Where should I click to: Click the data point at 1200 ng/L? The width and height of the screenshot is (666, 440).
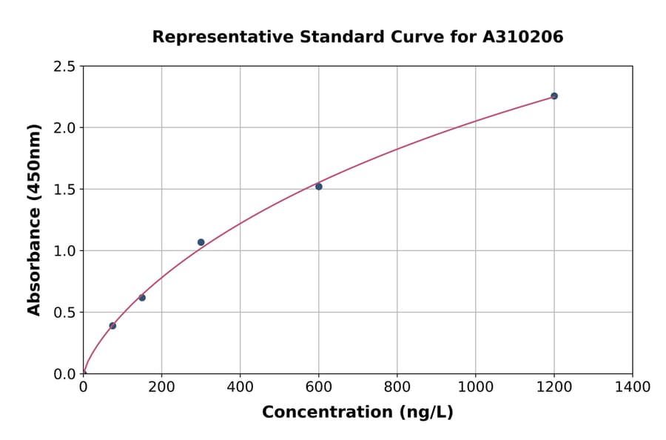[554, 96]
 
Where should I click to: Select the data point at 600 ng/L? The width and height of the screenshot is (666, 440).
[318, 187]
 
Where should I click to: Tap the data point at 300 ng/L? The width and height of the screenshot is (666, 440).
[201, 242]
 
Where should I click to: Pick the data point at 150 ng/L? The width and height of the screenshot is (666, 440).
[142, 298]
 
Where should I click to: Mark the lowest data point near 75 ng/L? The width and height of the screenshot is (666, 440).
[112, 326]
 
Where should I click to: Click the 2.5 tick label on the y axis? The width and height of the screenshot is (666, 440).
[65, 67]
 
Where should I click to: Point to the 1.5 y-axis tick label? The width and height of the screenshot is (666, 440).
[65, 190]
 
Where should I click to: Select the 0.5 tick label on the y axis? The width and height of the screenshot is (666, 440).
[65, 313]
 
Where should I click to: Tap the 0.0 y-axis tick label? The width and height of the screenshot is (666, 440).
[65, 374]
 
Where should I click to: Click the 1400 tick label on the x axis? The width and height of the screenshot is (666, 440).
[632, 387]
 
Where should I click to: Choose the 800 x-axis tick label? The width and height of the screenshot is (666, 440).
[397, 387]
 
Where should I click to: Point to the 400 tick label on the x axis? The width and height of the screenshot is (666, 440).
[240, 387]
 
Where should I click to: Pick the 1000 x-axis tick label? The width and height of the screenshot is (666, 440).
[475, 387]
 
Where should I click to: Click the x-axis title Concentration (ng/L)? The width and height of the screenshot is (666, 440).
[357, 413]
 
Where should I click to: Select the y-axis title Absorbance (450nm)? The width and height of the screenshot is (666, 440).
[34, 220]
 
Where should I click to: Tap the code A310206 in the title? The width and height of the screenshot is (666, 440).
[523, 37]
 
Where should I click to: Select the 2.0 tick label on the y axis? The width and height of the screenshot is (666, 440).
[65, 128]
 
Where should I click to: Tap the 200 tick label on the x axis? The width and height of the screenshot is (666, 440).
[161, 387]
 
